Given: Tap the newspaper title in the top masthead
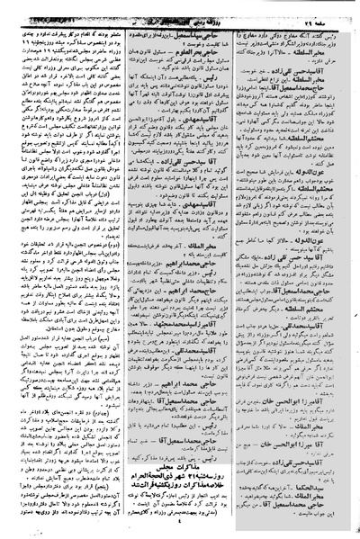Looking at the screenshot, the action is (179, 11).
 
